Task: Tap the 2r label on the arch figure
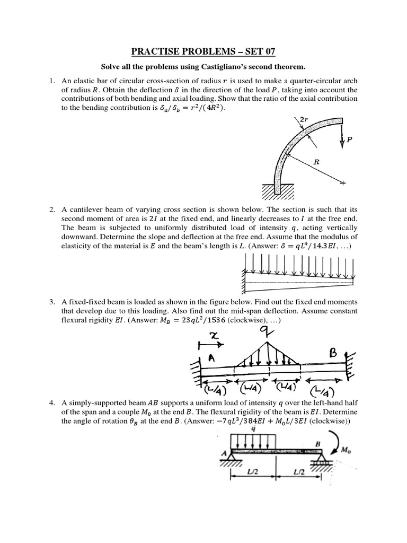(304, 120)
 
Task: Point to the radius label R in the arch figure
(316, 164)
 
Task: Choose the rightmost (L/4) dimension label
(323, 393)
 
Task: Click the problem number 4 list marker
(52, 404)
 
